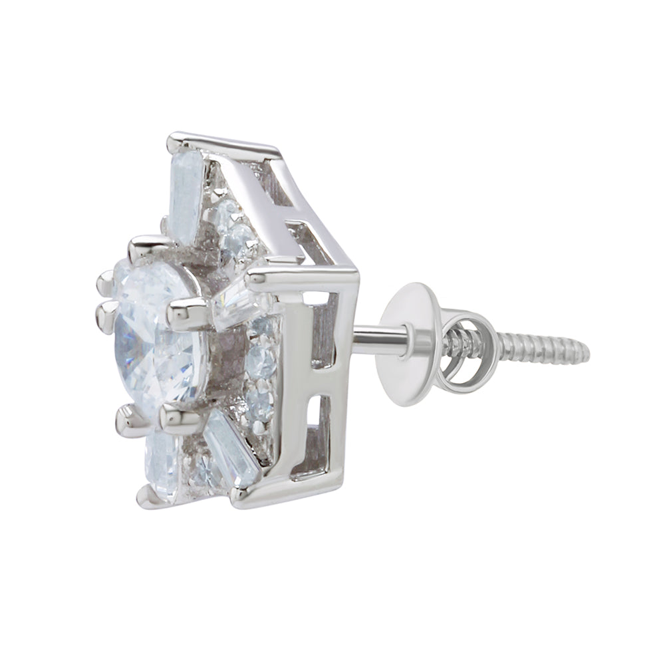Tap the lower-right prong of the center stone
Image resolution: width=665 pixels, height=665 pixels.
point(176,419)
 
